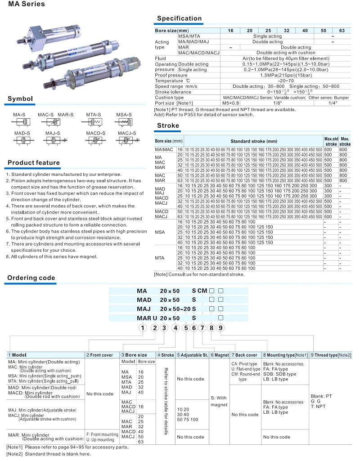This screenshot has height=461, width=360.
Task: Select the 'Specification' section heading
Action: point(179,18)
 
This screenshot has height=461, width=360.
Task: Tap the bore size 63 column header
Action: point(342,31)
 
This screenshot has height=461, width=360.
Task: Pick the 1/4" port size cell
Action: point(333,103)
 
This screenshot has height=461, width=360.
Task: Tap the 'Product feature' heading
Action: point(34,163)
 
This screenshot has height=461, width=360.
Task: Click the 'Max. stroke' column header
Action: point(345,141)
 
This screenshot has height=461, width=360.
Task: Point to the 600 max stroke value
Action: point(343,149)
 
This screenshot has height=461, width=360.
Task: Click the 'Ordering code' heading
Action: point(31,278)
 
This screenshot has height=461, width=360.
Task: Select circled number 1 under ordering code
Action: point(142,328)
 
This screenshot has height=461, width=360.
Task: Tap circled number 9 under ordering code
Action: point(220,328)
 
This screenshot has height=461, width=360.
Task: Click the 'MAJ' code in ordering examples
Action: point(144,309)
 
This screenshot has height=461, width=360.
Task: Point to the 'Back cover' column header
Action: point(245,355)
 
